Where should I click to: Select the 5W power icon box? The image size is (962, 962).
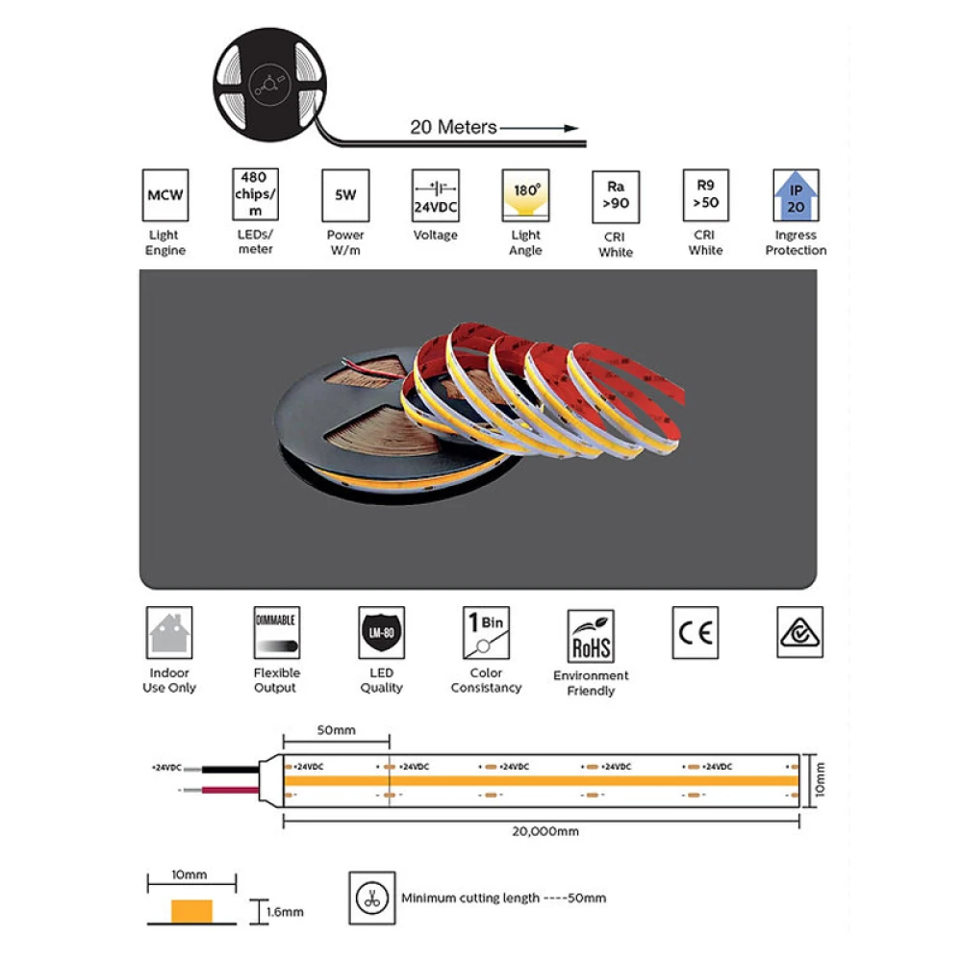coord(345,195)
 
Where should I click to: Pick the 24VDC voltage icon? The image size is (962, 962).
coord(435,195)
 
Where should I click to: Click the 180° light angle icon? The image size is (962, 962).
coord(525,195)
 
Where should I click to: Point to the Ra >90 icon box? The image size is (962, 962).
coord(616,196)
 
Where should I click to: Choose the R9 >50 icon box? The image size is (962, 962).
coord(705,195)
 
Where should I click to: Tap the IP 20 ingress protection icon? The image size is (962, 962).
coord(796,195)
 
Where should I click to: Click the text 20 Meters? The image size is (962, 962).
coord(453,127)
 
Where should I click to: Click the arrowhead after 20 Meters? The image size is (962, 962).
coord(570,127)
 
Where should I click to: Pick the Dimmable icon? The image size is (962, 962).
coord(276,632)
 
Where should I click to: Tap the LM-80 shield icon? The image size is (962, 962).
coord(381,632)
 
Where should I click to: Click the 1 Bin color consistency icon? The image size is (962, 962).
coord(487,632)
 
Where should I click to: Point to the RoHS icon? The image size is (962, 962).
coord(591,635)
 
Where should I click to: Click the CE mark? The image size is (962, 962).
coord(695,632)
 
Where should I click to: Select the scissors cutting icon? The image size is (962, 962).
coord(370,898)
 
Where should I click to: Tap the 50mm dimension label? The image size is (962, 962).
coord(336,730)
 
